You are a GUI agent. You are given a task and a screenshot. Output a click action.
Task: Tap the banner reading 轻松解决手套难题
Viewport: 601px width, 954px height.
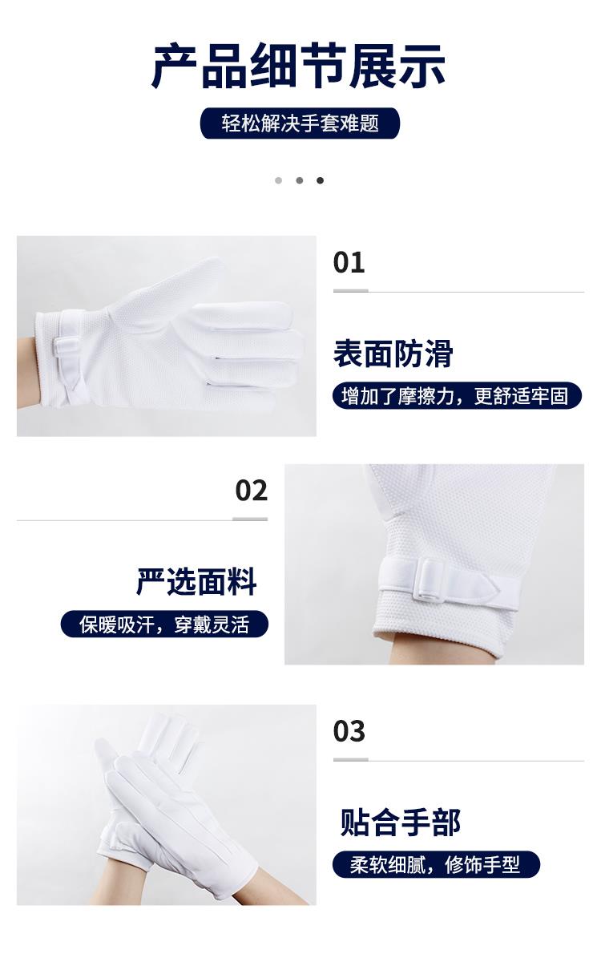pyautogui.click(x=300, y=123)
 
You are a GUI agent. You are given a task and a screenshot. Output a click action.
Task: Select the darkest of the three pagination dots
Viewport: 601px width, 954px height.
pyautogui.click(x=320, y=180)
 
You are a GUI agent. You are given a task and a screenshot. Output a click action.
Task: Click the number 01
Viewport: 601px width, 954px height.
pyautogui.click(x=349, y=262)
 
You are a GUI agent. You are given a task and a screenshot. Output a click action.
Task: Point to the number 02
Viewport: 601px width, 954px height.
pyautogui.click(x=252, y=491)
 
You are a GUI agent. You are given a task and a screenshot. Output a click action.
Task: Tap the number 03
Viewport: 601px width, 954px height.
pyautogui.click(x=349, y=730)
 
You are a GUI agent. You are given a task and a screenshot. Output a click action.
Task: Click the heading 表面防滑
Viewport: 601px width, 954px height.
pyautogui.click(x=393, y=354)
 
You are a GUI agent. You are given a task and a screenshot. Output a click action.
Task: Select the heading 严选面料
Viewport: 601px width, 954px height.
pyautogui.click(x=196, y=582)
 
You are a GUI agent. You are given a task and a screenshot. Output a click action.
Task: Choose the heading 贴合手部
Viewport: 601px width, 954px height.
pyautogui.click(x=400, y=822)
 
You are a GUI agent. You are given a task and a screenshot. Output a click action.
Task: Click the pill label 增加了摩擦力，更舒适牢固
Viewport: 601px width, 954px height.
pyautogui.click(x=457, y=396)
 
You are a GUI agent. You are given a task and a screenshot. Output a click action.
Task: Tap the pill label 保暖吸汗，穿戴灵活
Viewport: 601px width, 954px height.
pyautogui.click(x=164, y=625)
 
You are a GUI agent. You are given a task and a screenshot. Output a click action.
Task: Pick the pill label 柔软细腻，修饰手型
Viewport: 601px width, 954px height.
pyautogui.click(x=436, y=864)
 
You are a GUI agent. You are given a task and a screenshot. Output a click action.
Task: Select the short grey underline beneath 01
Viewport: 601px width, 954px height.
pyautogui.click(x=350, y=291)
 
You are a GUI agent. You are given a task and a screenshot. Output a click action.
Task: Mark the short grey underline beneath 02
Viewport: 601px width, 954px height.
pyautogui.click(x=250, y=519)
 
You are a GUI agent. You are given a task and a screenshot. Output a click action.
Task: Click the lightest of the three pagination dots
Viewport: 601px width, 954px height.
pyautogui.click(x=279, y=180)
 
